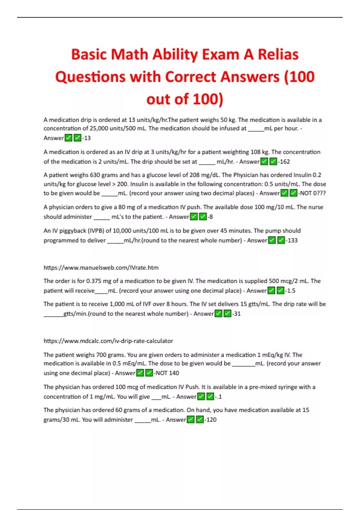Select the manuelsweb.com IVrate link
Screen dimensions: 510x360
coord(101,268)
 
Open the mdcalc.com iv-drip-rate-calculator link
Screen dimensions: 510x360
coord(108,341)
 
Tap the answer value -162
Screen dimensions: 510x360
coord(284,162)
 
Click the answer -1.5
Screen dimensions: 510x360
coord(290,290)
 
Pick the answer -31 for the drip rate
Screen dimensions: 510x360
coord(236,313)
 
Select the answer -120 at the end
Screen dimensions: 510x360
coord(211,419)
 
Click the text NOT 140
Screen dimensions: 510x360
coord(167,373)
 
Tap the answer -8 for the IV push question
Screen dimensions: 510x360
coord(210,217)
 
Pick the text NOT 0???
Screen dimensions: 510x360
coord(312,193)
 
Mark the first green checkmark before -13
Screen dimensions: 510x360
coord(68,138)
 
